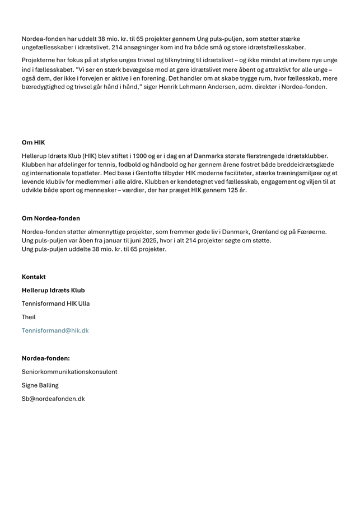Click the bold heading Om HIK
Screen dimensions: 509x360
(33, 143)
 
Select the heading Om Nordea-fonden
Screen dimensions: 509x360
(50, 218)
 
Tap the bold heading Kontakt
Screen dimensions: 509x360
(34, 277)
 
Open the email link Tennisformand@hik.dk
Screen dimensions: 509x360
(55, 331)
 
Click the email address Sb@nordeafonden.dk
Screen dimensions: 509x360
(53, 399)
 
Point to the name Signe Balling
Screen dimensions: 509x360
(40, 385)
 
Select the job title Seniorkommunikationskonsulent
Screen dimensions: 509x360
(69, 372)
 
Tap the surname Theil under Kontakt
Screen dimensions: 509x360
(29, 317)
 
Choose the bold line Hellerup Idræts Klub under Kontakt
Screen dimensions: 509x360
(53, 291)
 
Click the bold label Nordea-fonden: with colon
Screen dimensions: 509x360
(46, 358)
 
